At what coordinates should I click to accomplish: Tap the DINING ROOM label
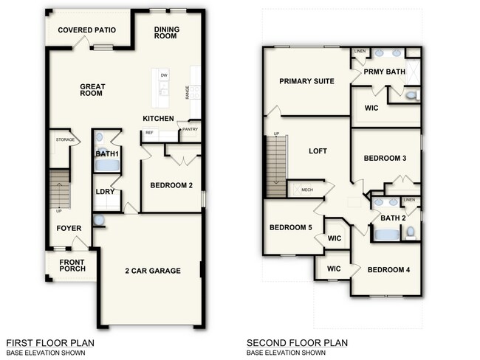[168, 35]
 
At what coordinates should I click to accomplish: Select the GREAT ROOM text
[93, 91]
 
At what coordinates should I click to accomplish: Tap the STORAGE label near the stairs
[64, 139]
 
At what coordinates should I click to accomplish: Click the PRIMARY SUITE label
[306, 81]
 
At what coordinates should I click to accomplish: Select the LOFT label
[318, 150]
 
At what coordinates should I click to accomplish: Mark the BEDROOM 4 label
[388, 269]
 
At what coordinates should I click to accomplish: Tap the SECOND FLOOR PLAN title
[297, 343]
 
